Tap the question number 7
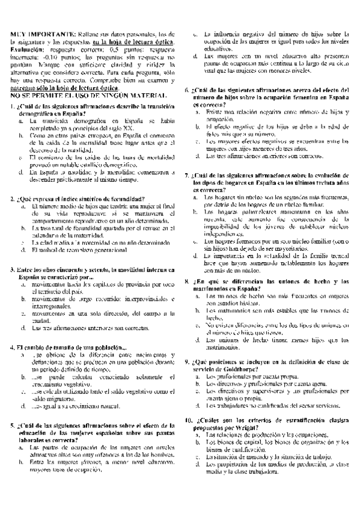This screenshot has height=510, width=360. (x=188, y=175)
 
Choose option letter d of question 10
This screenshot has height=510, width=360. (x=197, y=465)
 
